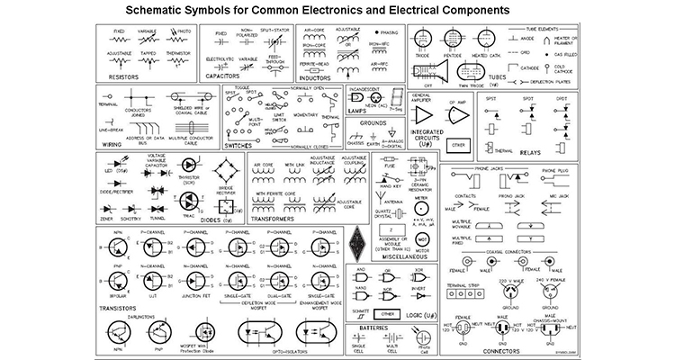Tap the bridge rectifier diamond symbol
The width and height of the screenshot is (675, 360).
coord(227,171)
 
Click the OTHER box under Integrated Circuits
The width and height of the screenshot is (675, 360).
coord(460,144)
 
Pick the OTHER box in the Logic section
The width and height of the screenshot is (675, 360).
coord(387,314)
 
